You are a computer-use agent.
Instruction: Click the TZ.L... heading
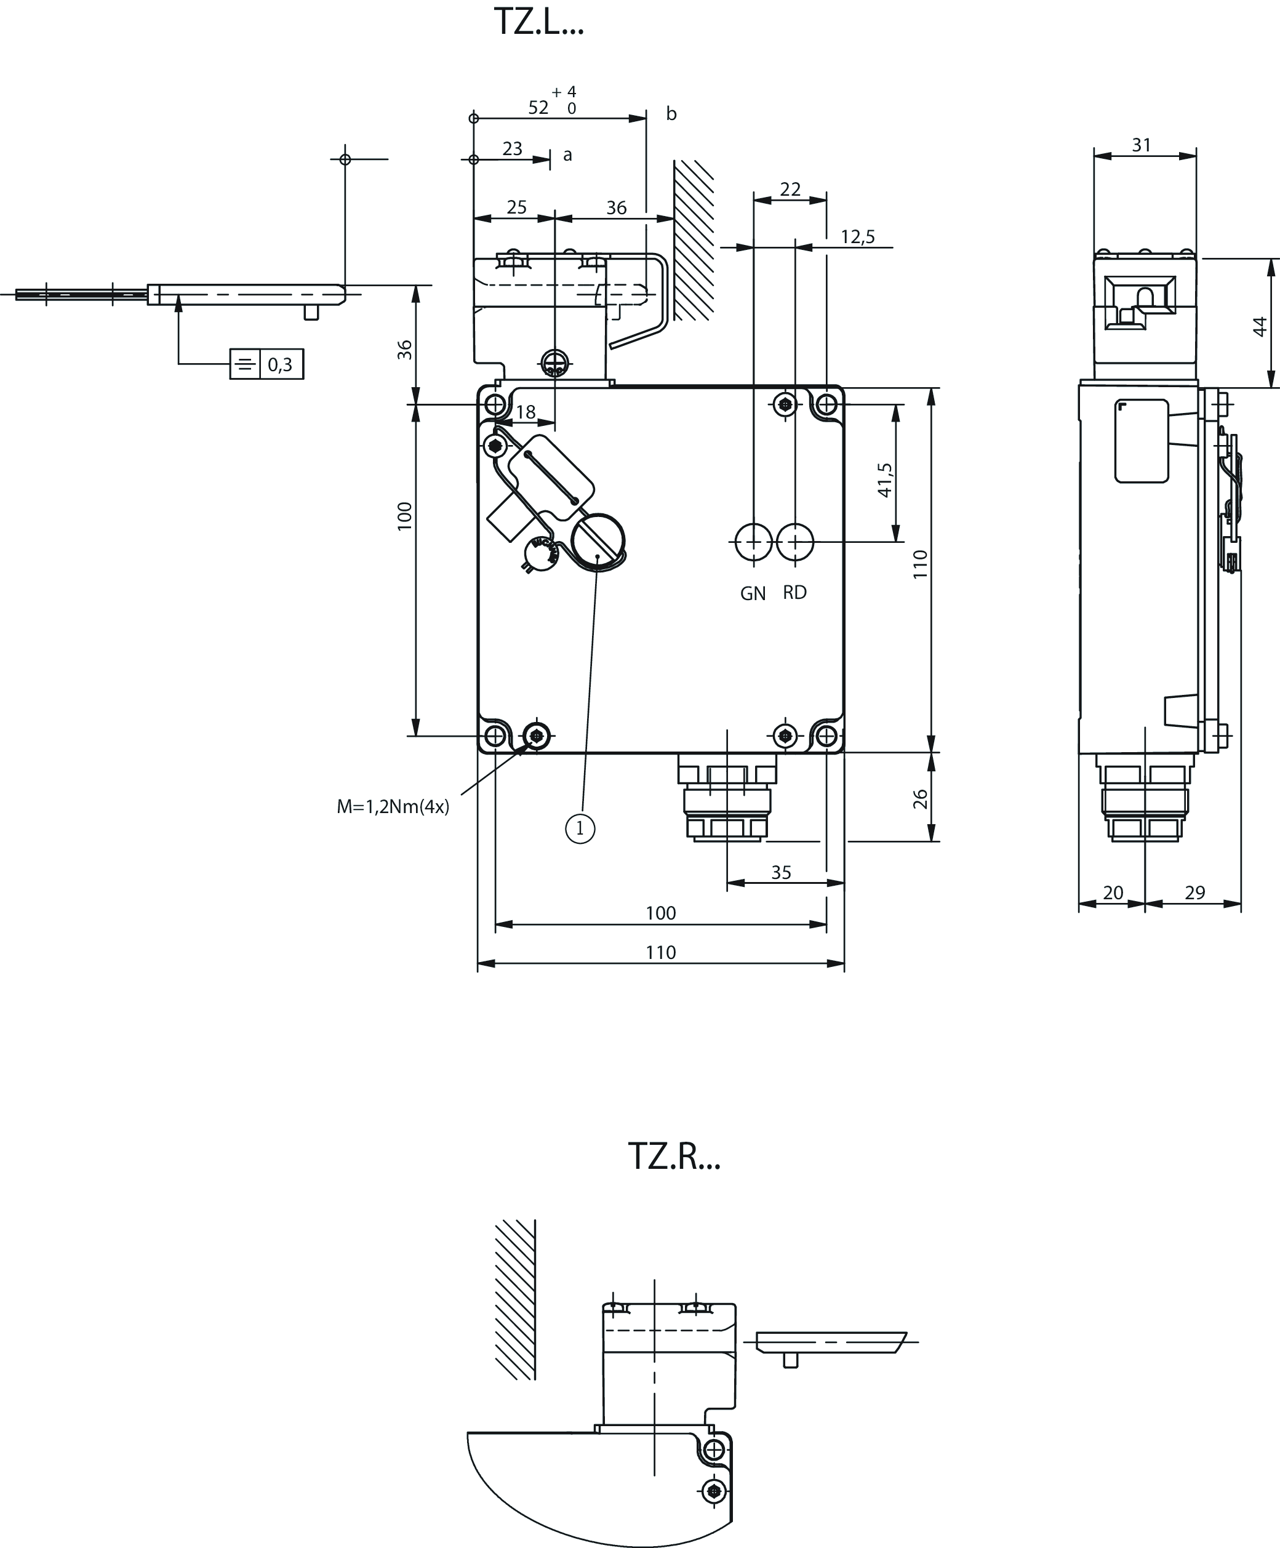pos(538,22)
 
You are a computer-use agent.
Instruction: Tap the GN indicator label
pos(753,593)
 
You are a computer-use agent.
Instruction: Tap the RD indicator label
pos(795,593)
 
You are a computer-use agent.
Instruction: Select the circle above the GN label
pos(754,542)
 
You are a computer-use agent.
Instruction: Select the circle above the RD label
pos(795,542)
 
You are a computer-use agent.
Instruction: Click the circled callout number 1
pos(580,829)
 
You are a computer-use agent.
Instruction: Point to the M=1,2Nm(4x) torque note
pos(393,807)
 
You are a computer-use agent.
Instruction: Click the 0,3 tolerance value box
pos(281,364)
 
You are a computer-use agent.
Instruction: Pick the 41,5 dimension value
pos(885,480)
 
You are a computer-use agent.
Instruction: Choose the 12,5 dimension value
pos(858,236)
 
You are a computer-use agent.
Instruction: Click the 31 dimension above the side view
pos(1142,145)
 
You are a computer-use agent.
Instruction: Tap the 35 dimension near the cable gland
pos(781,873)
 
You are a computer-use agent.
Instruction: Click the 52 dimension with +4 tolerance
pos(553,101)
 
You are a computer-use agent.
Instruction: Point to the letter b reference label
pos(671,113)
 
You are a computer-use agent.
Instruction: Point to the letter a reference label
pos(567,155)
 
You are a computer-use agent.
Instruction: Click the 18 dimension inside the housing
pos(526,412)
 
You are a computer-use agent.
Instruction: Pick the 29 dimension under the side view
pos(1194,892)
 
